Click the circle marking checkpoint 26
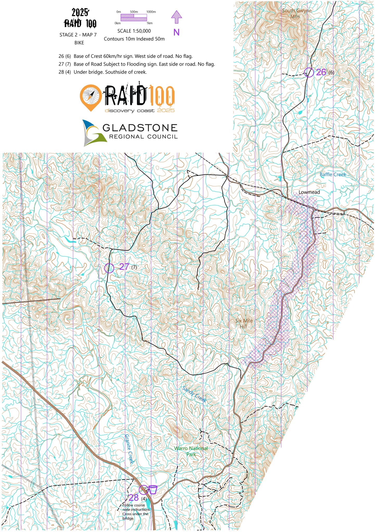pos(309,72)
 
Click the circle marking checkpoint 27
pos(109,268)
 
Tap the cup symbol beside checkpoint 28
pos(153,489)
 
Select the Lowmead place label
pos(309,192)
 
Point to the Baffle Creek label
pos(333,175)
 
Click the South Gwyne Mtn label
pos(296,14)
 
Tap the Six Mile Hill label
pos(244,324)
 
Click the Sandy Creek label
pos(194,394)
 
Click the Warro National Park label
pos(191,451)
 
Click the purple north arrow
pos(176,17)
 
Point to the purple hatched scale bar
pos(134,17)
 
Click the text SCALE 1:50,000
pos(134,31)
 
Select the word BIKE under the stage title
pos(79,43)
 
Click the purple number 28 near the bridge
pos(133,498)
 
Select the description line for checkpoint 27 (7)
pos(137,64)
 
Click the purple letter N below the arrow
pos(176,32)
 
